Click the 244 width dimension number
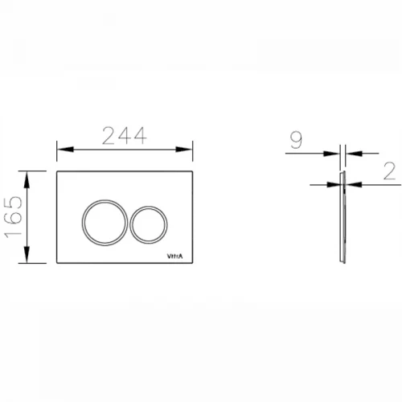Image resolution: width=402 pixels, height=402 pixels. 125,136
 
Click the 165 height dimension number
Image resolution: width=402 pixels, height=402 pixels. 13,217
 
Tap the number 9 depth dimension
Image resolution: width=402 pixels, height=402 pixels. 296,140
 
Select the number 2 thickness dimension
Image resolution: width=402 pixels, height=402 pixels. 389,171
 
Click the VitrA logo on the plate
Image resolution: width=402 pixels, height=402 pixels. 175,256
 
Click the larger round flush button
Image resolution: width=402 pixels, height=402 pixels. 105,222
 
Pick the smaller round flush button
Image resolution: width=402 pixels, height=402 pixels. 149,224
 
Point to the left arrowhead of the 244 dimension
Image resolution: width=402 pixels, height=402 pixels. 65,150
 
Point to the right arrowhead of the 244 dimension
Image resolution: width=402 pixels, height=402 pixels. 184,150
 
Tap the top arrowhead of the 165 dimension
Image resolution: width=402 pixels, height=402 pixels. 27,179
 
